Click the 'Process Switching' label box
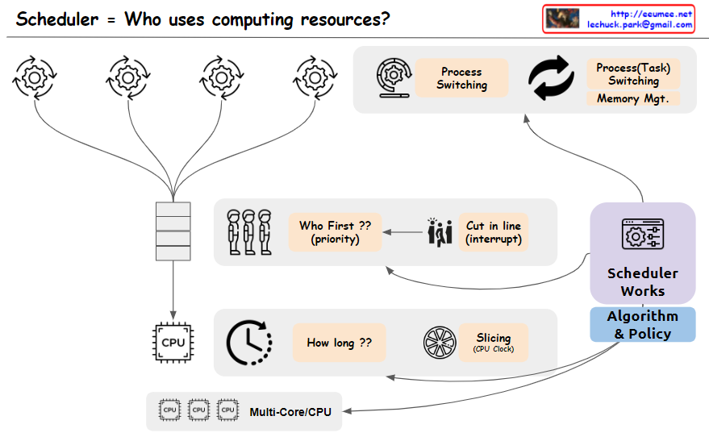[461, 78]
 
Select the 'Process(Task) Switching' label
[633, 74]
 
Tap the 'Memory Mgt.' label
[633, 99]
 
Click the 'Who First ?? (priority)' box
[335, 232]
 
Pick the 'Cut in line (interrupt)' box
[494, 232]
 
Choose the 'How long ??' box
[339, 343]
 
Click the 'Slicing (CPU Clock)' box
[493, 343]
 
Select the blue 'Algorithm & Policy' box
[642, 324]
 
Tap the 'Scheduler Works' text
[642, 282]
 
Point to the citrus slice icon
[439, 342]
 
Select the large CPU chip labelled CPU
[173, 342]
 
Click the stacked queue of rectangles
[173, 231]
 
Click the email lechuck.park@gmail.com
[640, 25]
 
